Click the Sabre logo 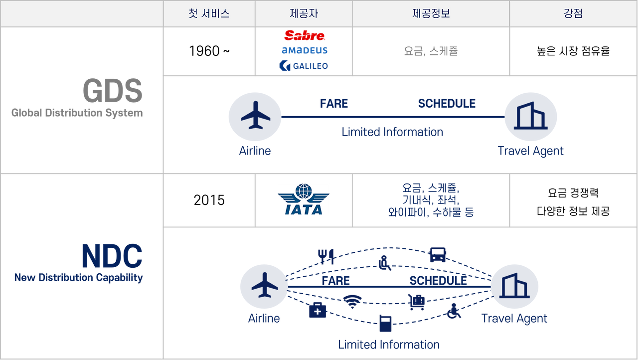(305, 35)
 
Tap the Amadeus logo (305, 50)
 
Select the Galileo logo (304, 66)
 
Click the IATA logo (304, 199)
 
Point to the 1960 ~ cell (209, 51)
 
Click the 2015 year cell (209, 200)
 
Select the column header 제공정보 (431, 13)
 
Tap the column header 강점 (573, 13)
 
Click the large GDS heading (113, 91)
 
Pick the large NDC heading (112, 256)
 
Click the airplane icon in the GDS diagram (256, 115)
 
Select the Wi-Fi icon (352, 302)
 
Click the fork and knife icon (326, 256)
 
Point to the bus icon (438, 255)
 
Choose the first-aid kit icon (318, 310)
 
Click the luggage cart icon (416, 302)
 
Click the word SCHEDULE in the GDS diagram (447, 104)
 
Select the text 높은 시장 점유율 (573, 51)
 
